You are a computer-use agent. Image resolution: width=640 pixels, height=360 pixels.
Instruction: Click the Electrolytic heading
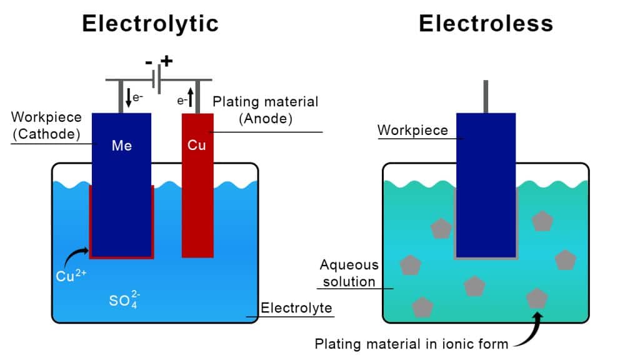pos(150,24)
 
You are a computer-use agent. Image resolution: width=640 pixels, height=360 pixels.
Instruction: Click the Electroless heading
pos(486,24)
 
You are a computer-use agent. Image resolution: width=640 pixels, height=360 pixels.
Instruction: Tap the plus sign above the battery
pos(166,62)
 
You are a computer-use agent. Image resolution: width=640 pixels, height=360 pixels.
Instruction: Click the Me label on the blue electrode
pos(121,146)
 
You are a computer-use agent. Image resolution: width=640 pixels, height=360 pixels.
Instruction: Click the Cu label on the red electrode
pos(197,146)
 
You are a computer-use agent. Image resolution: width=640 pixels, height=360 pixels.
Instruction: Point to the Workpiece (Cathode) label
pos(45,125)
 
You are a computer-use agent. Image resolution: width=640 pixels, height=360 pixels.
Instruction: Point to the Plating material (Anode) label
pos(266,109)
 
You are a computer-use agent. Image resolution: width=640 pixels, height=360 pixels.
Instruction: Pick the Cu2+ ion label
pos(70,276)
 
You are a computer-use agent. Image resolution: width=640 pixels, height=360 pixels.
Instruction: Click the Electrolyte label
pos(296,308)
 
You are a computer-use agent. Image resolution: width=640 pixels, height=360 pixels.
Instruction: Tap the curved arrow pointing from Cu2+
pos(78,253)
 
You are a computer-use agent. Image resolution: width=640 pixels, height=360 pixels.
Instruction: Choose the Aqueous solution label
pos(349,273)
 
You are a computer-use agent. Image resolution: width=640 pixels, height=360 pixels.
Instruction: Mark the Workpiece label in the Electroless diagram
pos(412,130)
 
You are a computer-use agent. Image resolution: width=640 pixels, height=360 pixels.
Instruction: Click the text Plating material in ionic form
pos(412,343)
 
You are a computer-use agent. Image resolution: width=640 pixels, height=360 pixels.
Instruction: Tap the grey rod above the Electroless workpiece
pos(486,96)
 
